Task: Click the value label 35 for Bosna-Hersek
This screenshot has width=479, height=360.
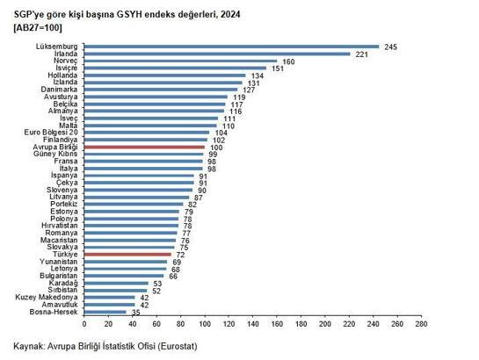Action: [x=134, y=313]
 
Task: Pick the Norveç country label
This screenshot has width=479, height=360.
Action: [x=66, y=61]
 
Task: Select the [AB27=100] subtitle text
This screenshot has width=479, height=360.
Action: [x=39, y=27]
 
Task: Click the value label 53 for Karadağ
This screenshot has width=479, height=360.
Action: [x=157, y=284]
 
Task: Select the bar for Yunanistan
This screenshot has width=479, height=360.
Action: [x=124, y=261]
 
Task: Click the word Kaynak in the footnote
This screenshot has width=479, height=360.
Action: [x=31, y=345]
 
